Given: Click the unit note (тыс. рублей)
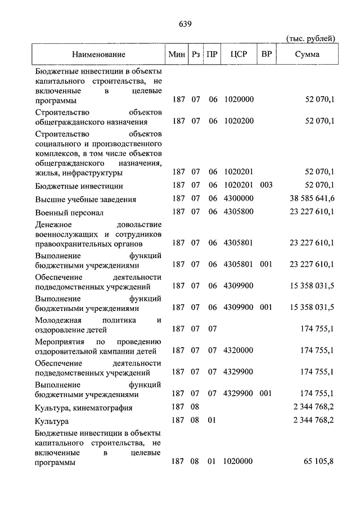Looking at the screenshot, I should click(311, 38).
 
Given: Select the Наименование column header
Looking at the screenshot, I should click(98, 55).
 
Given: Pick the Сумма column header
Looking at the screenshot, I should click(307, 55).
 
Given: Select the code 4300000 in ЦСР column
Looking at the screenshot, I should click(238, 199).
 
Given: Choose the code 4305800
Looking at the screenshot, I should click(238, 212).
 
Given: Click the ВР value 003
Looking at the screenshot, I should click(266, 186).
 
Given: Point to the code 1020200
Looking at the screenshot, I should click(238, 121).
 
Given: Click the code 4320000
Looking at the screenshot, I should click(238, 350).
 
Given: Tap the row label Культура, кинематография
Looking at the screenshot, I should click(83, 408).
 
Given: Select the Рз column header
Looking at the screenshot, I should click(195, 55).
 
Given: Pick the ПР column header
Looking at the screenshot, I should click(212, 55).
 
